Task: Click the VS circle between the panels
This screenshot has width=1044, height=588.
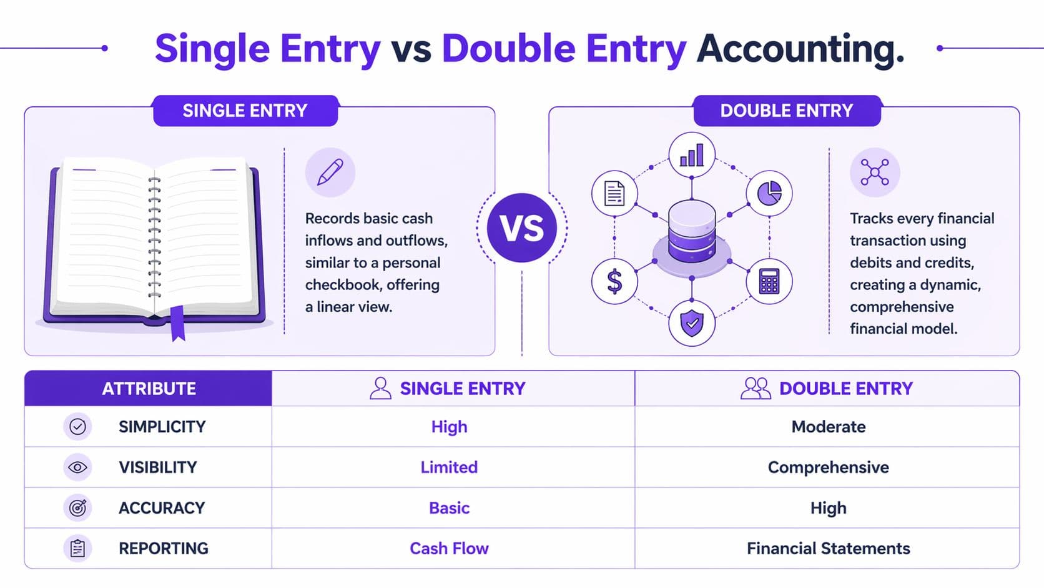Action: [x=521, y=228]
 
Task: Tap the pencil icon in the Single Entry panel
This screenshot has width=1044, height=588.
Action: [x=330, y=172]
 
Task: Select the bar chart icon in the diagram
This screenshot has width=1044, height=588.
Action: [x=691, y=155]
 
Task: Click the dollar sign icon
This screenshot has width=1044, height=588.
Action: [x=614, y=281]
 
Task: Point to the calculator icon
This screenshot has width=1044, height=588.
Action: [x=769, y=281]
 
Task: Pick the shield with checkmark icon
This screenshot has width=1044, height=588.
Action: [x=691, y=323]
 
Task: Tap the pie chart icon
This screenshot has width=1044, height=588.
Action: [x=769, y=193]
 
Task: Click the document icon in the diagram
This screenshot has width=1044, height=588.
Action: [x=614, y=193]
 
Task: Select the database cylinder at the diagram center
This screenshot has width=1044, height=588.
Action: [x=691, y=231]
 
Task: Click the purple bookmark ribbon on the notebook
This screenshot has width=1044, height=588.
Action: [x=178, y=323]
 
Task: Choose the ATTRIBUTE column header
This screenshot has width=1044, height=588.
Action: [x=149, y=389]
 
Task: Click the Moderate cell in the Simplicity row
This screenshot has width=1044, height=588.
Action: [x=828, y=427]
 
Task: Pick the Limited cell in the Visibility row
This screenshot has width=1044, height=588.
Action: [x=449, y=467]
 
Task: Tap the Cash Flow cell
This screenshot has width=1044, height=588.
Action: [x=449, y=549]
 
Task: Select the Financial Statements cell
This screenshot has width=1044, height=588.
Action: [x=828, y=549]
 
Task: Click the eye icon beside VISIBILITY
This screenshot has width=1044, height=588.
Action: [x=77, y=467]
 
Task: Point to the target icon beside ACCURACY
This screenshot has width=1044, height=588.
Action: [x=77, y=508]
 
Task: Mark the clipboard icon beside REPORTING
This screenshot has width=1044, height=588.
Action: [x=77, y=549]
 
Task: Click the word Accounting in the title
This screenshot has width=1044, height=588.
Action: [x=800, y=49]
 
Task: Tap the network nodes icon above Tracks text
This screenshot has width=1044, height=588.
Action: [x=874, y=172]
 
